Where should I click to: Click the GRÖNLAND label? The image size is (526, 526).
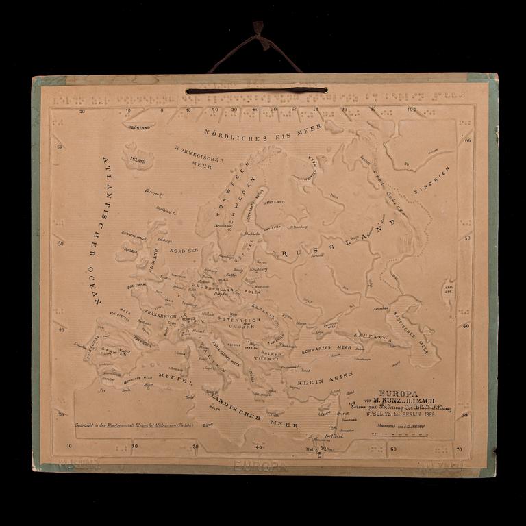click(138, 127)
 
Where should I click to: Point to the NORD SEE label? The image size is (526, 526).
click(184, 251)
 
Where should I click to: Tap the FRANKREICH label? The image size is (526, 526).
click(162, 317)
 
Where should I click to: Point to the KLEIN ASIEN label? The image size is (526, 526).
click(325, 377)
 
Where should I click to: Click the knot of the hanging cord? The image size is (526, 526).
click(258, 28)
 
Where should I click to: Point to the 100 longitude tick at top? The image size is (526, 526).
click(411, 108)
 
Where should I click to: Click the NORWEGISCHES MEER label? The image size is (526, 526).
click(199, 157)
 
